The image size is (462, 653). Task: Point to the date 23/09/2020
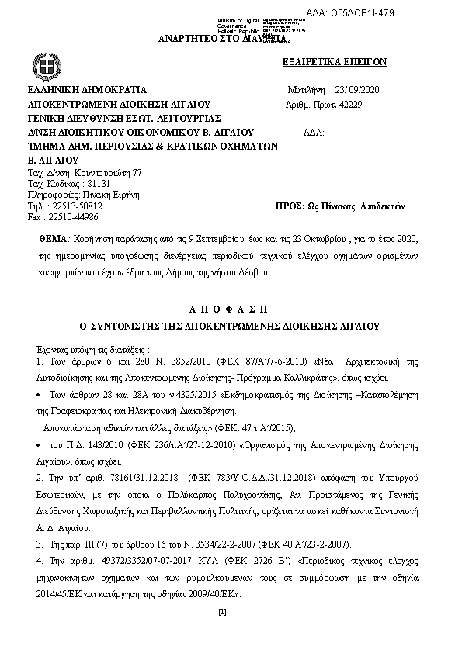353,89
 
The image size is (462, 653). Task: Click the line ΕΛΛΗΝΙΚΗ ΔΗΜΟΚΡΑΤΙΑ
87,89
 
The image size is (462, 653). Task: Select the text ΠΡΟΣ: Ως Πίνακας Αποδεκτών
340,206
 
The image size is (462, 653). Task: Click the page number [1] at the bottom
223,613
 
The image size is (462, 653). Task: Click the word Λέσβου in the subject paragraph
251,274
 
